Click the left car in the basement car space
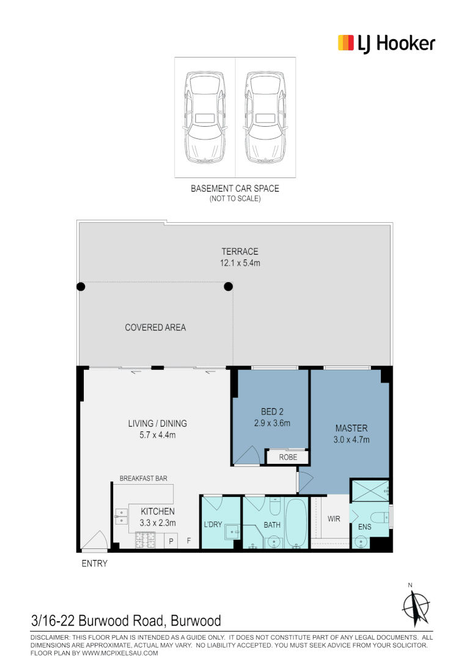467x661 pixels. [x=205, y=118]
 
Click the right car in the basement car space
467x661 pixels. [x=265, y=118]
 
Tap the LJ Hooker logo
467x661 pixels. [x=386, y=43]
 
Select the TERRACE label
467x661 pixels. [x=240, y=252]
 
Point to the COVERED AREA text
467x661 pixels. [x=155, y=327]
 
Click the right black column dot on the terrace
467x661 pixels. [x=229, y=286]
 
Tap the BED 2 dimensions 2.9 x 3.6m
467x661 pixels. [x=272, y=423]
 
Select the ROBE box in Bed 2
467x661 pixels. [x=287, y=457]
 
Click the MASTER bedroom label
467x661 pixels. [x=351, y=428]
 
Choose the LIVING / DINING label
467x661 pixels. [x=157, y=424]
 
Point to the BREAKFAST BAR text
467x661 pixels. [x=144, y=479]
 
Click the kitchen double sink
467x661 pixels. [x=120, y=517]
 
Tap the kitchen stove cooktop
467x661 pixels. [x=146, y=540]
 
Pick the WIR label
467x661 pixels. [x=334, y=519]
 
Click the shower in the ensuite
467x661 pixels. [x=369, y=490]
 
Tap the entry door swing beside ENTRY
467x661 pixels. [x=94, y=540]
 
